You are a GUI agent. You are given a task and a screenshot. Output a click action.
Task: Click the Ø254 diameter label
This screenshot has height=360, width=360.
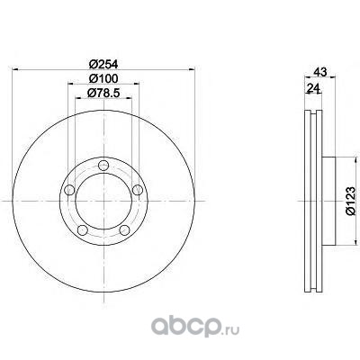103,64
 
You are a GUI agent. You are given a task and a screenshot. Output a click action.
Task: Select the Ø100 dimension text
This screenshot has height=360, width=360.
103,78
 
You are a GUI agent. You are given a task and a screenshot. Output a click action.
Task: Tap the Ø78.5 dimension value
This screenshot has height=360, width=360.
103,93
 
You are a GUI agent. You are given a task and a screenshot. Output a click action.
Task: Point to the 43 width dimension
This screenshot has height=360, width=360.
319,72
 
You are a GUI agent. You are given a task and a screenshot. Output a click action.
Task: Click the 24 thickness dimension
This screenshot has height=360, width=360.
312,88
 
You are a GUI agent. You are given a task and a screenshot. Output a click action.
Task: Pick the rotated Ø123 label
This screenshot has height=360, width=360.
350,201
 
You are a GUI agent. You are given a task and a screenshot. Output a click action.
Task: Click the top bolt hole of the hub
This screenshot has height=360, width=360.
103,165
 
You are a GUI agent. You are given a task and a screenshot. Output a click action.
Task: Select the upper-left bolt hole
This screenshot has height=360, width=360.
69,190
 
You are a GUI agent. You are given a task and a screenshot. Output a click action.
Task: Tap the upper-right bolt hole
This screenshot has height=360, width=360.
138,190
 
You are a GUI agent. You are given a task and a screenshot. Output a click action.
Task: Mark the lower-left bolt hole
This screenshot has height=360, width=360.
83,230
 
